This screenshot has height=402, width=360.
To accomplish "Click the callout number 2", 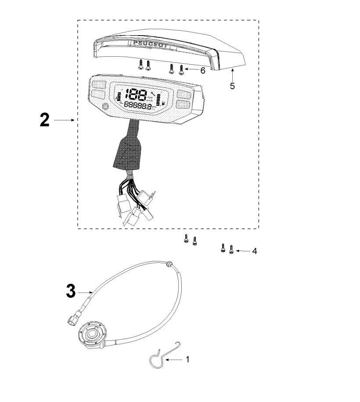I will click(44, 120).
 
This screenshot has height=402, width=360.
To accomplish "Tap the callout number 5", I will click(232, 86).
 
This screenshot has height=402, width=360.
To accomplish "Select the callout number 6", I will click(202, 70).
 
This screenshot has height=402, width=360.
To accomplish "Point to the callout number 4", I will click(255, 252).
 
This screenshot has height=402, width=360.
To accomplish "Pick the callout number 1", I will click(187, 359).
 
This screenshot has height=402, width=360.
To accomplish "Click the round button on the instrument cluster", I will click(104, 107).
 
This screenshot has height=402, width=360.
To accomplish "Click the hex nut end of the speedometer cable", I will click(71, 319).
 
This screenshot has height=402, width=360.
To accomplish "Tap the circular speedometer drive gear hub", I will click(93, 333).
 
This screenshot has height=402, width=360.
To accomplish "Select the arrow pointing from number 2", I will click(67, 120).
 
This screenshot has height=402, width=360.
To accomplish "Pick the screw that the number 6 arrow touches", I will click(181, 69).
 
